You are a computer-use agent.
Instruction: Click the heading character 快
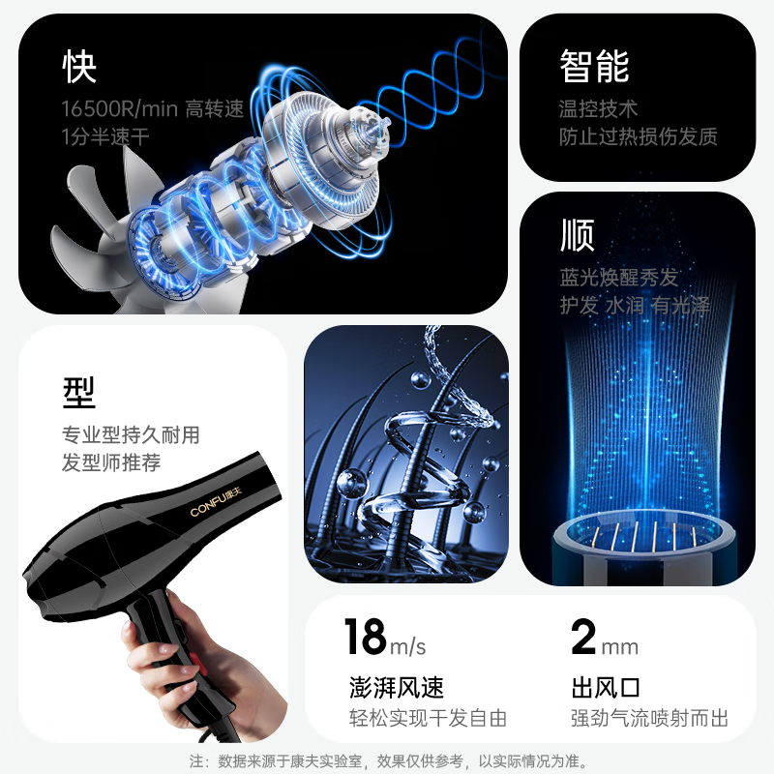click(x=79, y=66)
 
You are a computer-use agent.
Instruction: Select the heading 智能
click(x=594, y=66)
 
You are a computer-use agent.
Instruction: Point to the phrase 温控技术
click(x=598, y=108)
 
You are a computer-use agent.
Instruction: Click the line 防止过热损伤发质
click(x=638, y=136)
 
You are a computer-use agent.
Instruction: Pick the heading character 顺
click(x=577, y=235)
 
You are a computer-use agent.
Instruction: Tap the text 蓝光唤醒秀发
click(x=619, y=278)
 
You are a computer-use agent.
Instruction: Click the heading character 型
click(x=79, y=392)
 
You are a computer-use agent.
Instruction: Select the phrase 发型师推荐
click(x=111, y=462)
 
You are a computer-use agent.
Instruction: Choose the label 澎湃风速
click(x=396, y=688)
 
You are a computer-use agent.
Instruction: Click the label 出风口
click(x=607, y=688)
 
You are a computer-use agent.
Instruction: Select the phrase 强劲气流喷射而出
click(x=649, y=718)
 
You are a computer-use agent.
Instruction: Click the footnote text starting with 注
click(x=387, y=761)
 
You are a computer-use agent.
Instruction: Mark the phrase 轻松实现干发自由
click(x=427, y=718)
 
